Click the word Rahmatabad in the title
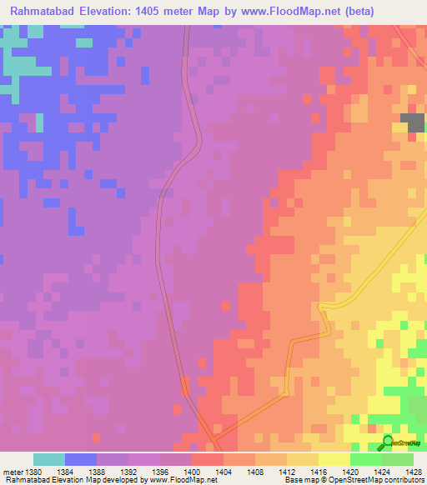coord(43,12)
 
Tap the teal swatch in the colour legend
coord(49,459)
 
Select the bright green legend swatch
coord(366,459)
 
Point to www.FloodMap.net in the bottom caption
coord(186,480)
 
